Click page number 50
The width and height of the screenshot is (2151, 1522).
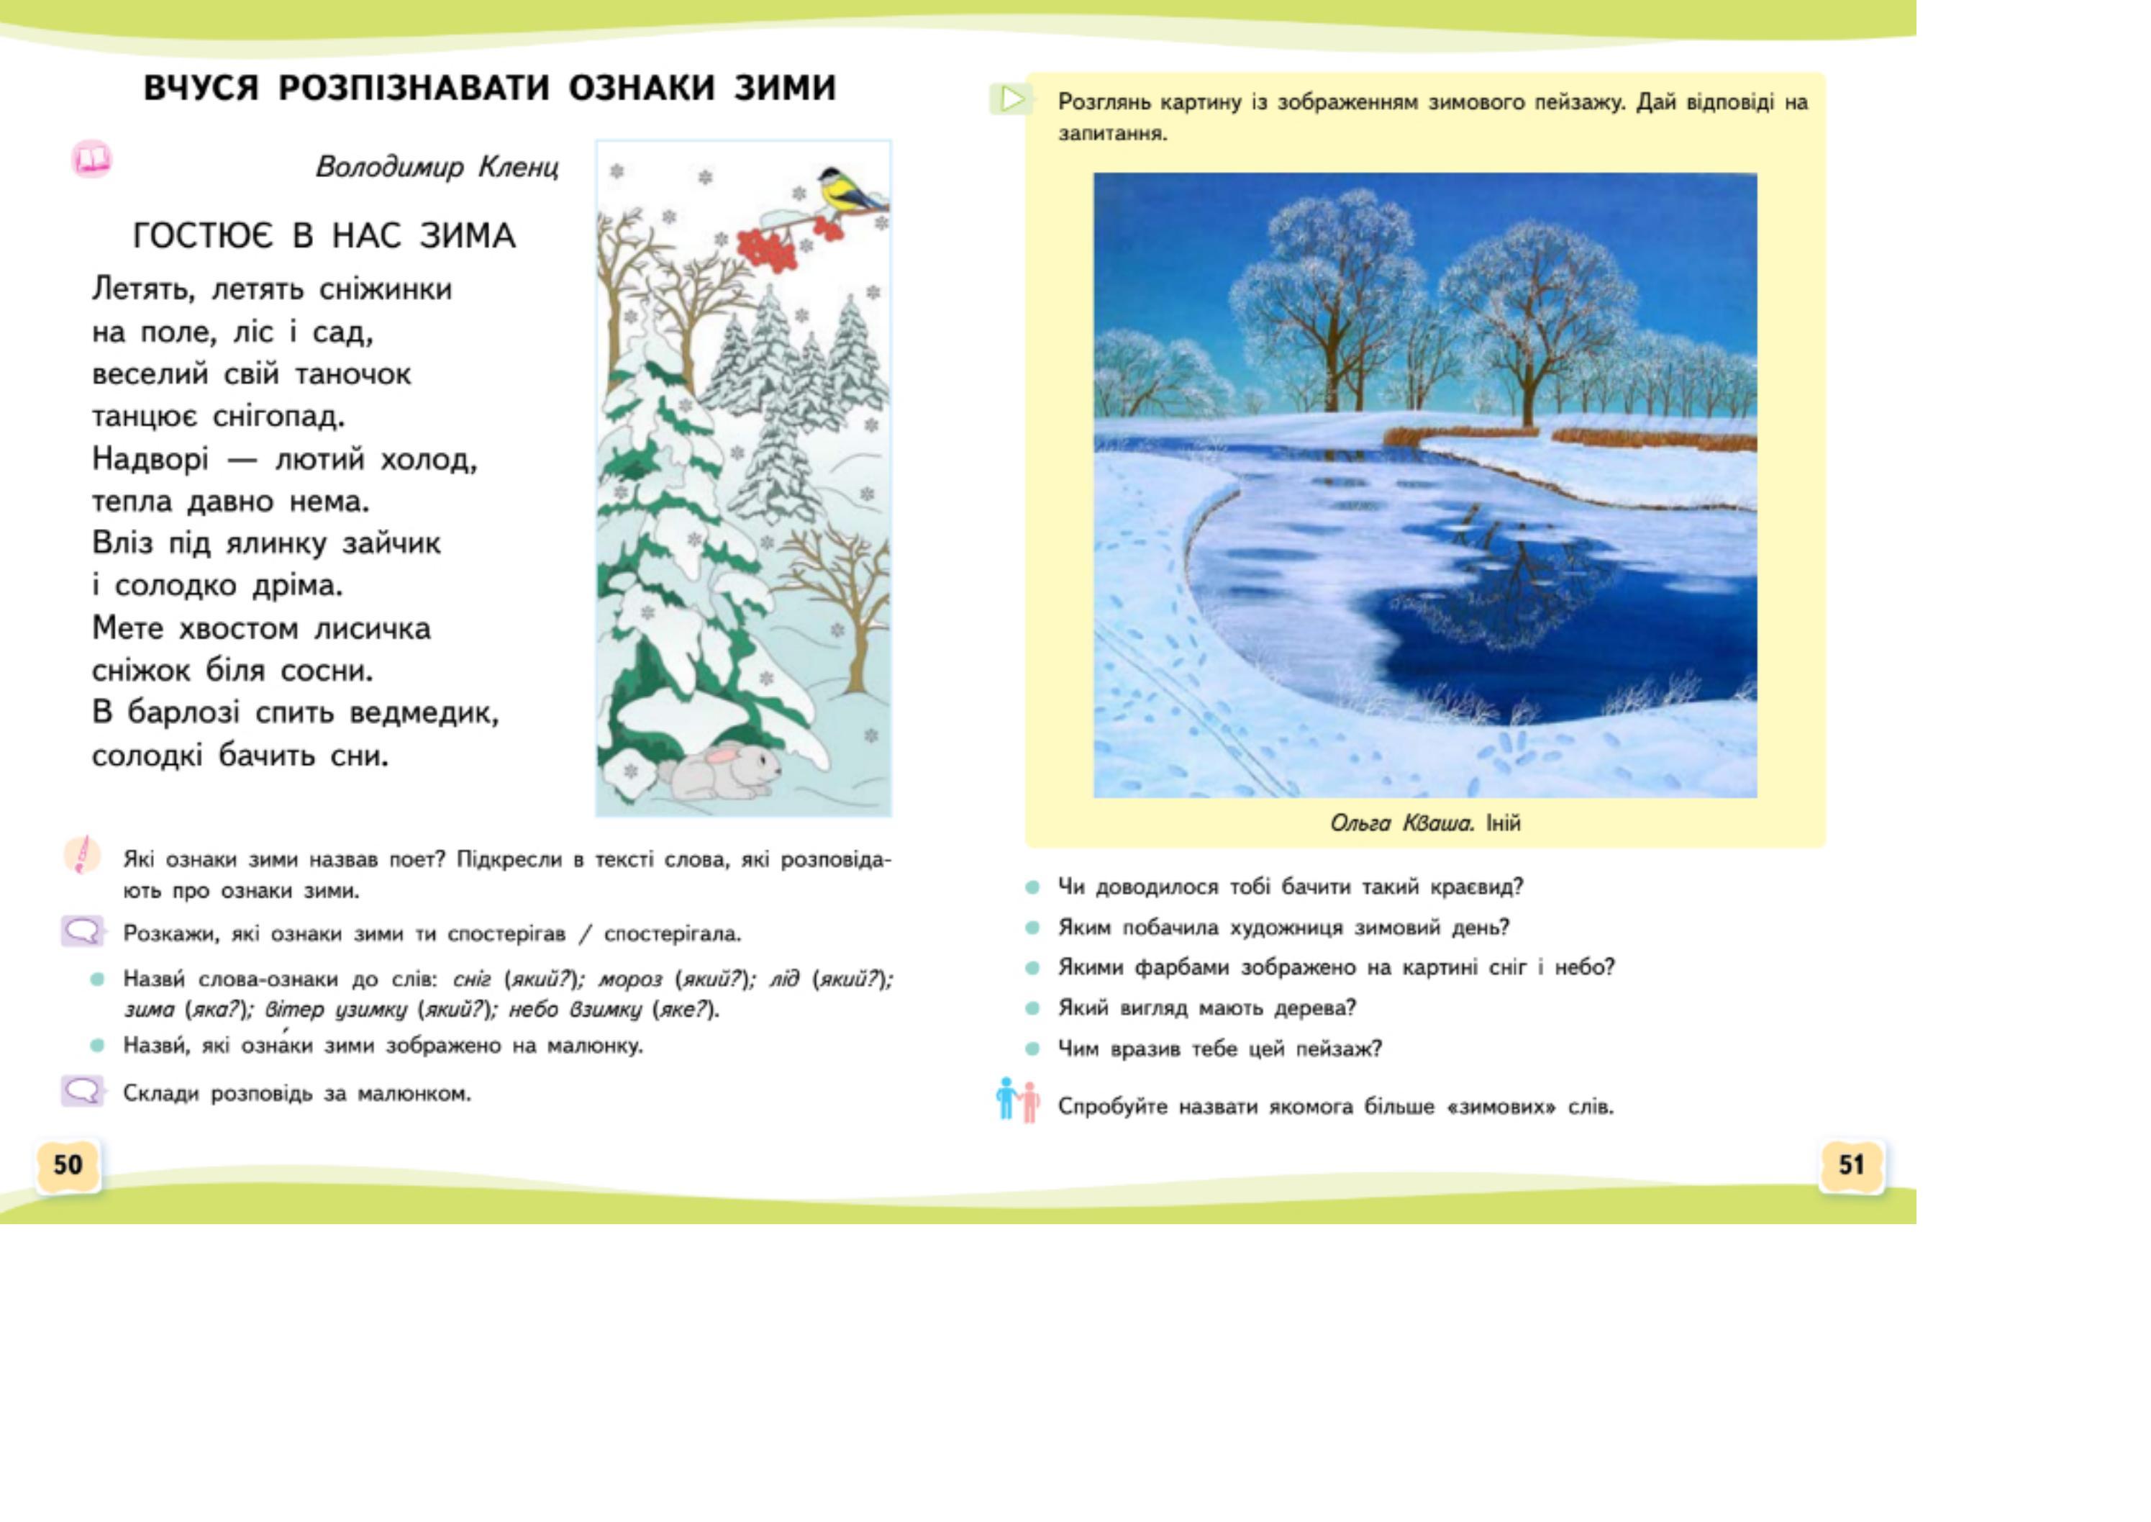(x=68, y=1165)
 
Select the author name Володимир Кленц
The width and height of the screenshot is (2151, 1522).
(x=437, y=167)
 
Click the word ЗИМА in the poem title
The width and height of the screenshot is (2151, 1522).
(x=468, y=235)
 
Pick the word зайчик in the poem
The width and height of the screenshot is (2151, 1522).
(x=391, y=543)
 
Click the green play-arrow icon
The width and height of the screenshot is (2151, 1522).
(x=1011, y=99)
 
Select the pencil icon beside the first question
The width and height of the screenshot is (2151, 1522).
(x=83, y=855)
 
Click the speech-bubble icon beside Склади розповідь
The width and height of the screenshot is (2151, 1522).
(x=83, y=1091)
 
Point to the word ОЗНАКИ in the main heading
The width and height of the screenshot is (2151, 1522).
(x=641, y=87)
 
